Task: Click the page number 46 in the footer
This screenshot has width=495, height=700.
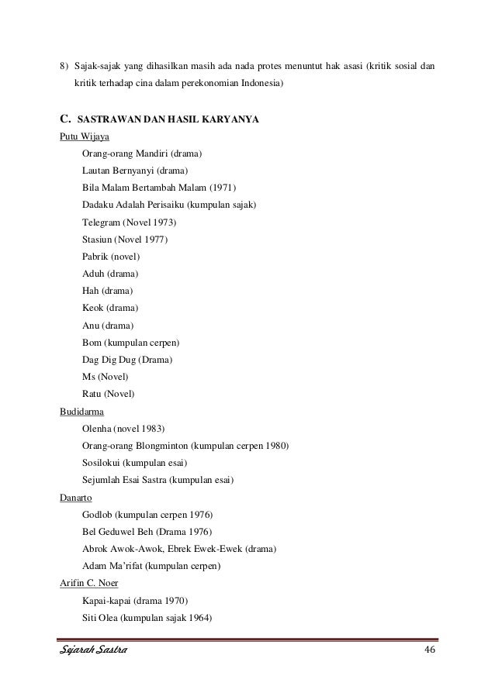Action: pyautogui.click(x=429, y=649)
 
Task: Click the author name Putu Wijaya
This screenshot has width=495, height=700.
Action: pyautogui.click(x=85, y=136)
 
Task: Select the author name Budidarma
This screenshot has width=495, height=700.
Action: pyautogui.click(x=81, y=411)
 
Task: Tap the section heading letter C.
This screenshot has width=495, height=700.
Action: pyautogui.click(x=65, y=119)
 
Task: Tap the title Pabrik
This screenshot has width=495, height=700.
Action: pyautogui.click(x=96, y=256)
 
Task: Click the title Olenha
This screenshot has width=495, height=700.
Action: pyautogui.click(x=97, y=428)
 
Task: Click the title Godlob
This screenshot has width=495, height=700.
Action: pyautogui.click(x=98, y=514)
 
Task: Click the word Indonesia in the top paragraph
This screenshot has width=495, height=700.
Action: pyautogui.click(x=261, y=81)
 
